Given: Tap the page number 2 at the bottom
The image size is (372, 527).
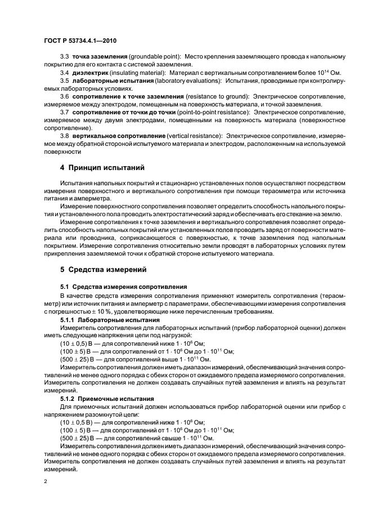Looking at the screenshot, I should (x=46, y=482).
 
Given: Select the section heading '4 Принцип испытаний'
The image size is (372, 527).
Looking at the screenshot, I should (x=102, y=167).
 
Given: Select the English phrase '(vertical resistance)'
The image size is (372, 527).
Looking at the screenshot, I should (x=194, y=136).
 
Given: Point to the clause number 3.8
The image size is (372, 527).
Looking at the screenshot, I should (x=64, y=136).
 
